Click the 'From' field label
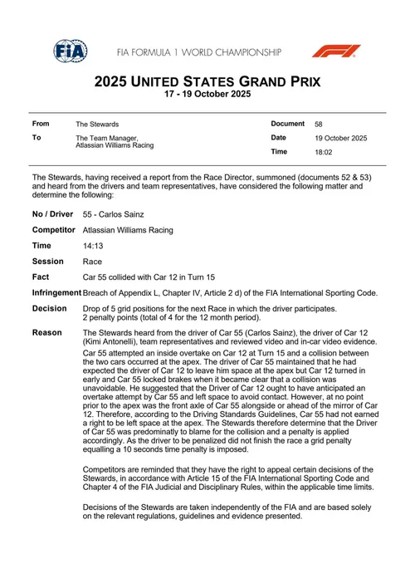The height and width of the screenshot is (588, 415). [x=41, y=123]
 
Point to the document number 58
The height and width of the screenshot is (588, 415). [x=320, y=123]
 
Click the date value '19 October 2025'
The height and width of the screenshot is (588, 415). [x=340, y=138]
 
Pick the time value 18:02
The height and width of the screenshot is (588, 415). [x=324, y=153]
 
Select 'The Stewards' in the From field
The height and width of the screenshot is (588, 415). [x=96, y=124]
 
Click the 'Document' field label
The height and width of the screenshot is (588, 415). [x=287, y=123]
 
